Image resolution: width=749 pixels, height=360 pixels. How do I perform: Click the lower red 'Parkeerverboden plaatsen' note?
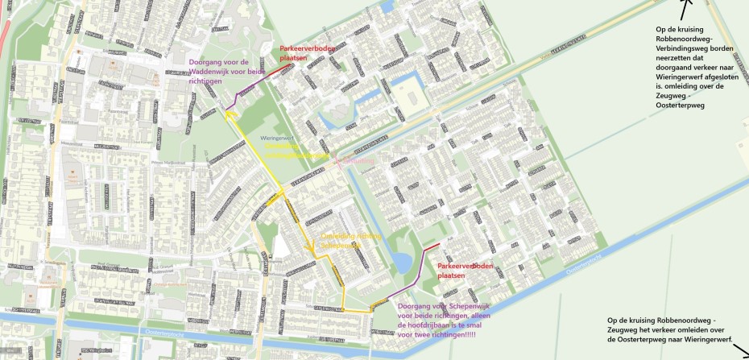(465, 270)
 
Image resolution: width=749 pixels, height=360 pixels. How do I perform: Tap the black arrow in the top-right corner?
(685, 10)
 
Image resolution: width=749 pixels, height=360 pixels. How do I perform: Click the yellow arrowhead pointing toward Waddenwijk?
(230, 115)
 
